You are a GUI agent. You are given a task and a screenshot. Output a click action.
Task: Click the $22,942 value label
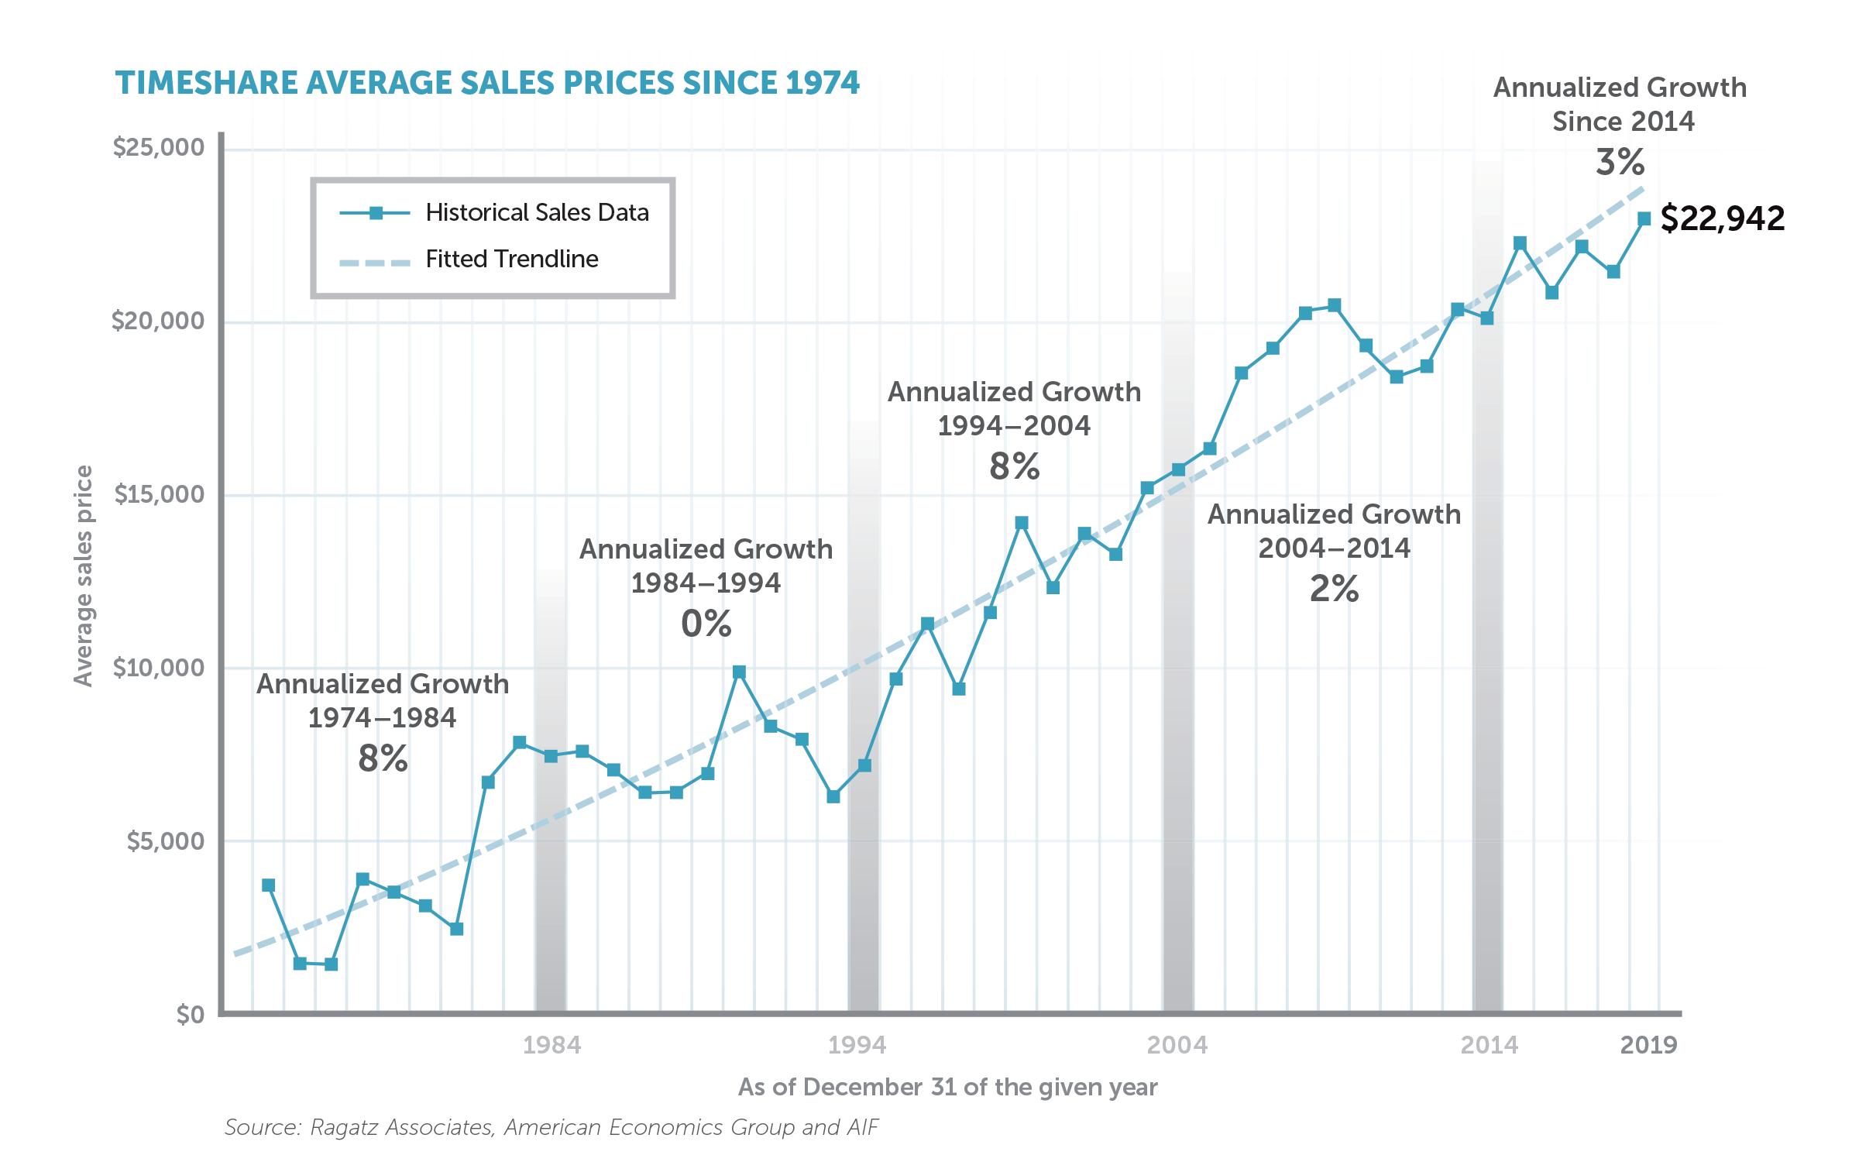point(1722,218)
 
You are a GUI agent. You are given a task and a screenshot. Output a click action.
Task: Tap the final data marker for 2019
point(1644,219)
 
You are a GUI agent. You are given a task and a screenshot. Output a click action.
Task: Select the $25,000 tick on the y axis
point(158,147)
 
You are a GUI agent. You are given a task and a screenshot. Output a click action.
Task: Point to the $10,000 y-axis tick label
point(158,668)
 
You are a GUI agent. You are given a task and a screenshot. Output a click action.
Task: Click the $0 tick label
point(190,1014)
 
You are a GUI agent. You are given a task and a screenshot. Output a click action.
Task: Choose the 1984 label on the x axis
point(552,1045)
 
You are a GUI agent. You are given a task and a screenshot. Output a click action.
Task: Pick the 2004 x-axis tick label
point(1177,1045)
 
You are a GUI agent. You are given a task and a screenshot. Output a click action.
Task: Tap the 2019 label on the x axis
point(1648,1045)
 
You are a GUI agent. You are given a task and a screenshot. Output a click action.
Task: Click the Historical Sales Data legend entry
point(537,212)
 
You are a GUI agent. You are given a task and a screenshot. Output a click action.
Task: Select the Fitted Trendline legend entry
point(512,259)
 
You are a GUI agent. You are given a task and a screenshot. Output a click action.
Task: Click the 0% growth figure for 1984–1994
point(706,624)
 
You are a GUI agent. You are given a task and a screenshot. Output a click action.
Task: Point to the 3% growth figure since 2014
point(1620,163)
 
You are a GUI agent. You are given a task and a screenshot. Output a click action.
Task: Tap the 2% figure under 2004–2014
point(1334,589)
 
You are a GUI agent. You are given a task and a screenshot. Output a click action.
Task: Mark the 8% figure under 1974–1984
point(383,758)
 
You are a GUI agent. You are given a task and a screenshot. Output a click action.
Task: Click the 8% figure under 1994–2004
point(1014,466)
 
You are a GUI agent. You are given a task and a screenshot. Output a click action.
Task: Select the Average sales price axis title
point(83,576)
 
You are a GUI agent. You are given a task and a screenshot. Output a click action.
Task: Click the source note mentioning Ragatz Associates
point(551,1127)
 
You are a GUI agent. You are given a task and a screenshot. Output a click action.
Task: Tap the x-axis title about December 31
point(947,1087)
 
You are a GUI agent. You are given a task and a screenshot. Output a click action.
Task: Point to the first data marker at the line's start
point(268,885)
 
